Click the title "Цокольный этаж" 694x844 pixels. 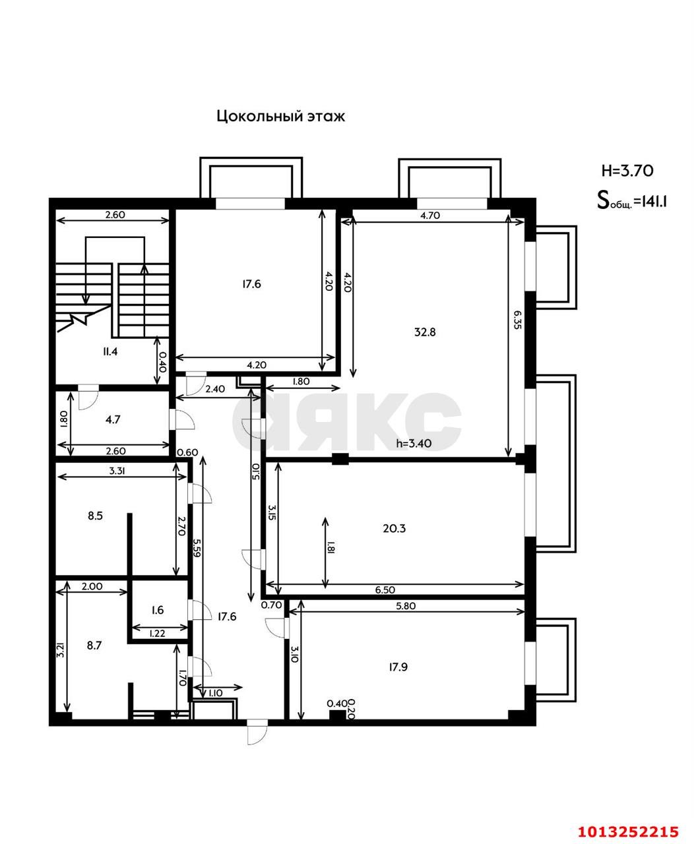click(281, 117)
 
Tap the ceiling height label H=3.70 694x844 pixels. click(627, 170)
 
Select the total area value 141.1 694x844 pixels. click(650, 201)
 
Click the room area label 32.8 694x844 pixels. click(425, 332)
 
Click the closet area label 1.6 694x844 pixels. click(157, 611)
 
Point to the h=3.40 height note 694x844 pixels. click(414, 444)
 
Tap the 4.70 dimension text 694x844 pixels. click(430, 215)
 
